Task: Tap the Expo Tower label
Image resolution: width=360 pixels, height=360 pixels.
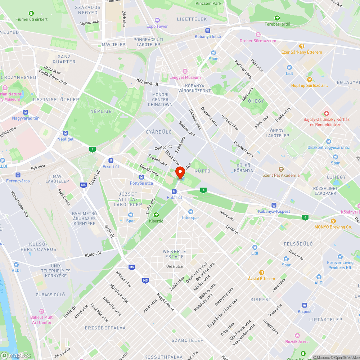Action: tap(157, 26)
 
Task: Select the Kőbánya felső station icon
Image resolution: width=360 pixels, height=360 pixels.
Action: tap(208, 31)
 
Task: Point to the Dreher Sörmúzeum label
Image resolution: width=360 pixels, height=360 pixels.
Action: tap(258, 41)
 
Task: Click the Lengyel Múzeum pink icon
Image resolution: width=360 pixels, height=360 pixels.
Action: tap(185, 71)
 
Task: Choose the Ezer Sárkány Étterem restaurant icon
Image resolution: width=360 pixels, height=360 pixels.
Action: tap(302, 46)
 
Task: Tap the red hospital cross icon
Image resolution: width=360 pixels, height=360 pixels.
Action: tap(327, 113)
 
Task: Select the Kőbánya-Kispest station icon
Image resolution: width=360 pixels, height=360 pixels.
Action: tap(274, 205)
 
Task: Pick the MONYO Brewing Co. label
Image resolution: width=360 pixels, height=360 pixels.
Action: tap(333, 227)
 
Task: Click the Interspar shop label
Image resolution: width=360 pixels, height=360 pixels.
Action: tap(190, 217)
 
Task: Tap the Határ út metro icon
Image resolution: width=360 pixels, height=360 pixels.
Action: tap(174, 192)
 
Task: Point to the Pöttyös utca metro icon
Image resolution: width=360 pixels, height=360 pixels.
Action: tap(142, 177)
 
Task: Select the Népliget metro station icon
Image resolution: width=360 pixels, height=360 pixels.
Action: tap(66, 133)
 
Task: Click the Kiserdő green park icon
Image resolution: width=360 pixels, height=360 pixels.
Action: tap(156, 215)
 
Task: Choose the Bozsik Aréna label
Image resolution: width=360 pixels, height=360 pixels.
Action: tap(297, 342)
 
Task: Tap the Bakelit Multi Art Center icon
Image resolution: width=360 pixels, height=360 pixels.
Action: tap(42, 311)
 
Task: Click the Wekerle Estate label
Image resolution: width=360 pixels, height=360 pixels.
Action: tap(175, 254)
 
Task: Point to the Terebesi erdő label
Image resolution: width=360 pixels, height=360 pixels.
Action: tap(277, 24)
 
